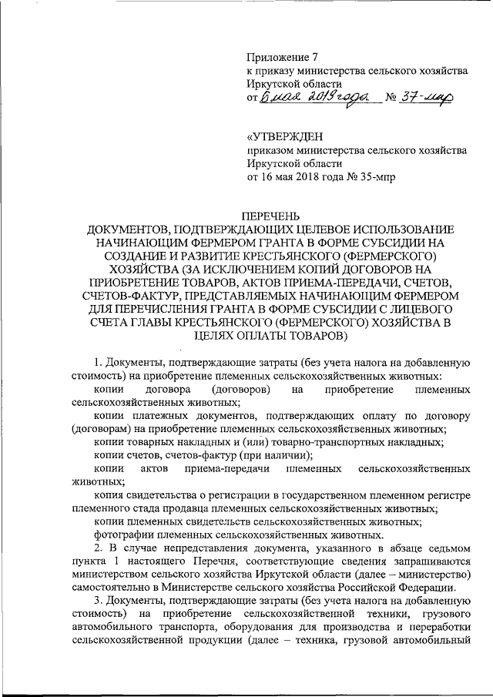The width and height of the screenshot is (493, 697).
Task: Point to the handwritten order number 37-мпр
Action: click(424, 98)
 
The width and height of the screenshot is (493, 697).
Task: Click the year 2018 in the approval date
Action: click(317, 176)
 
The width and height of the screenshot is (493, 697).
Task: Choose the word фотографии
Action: click(123, 534)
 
